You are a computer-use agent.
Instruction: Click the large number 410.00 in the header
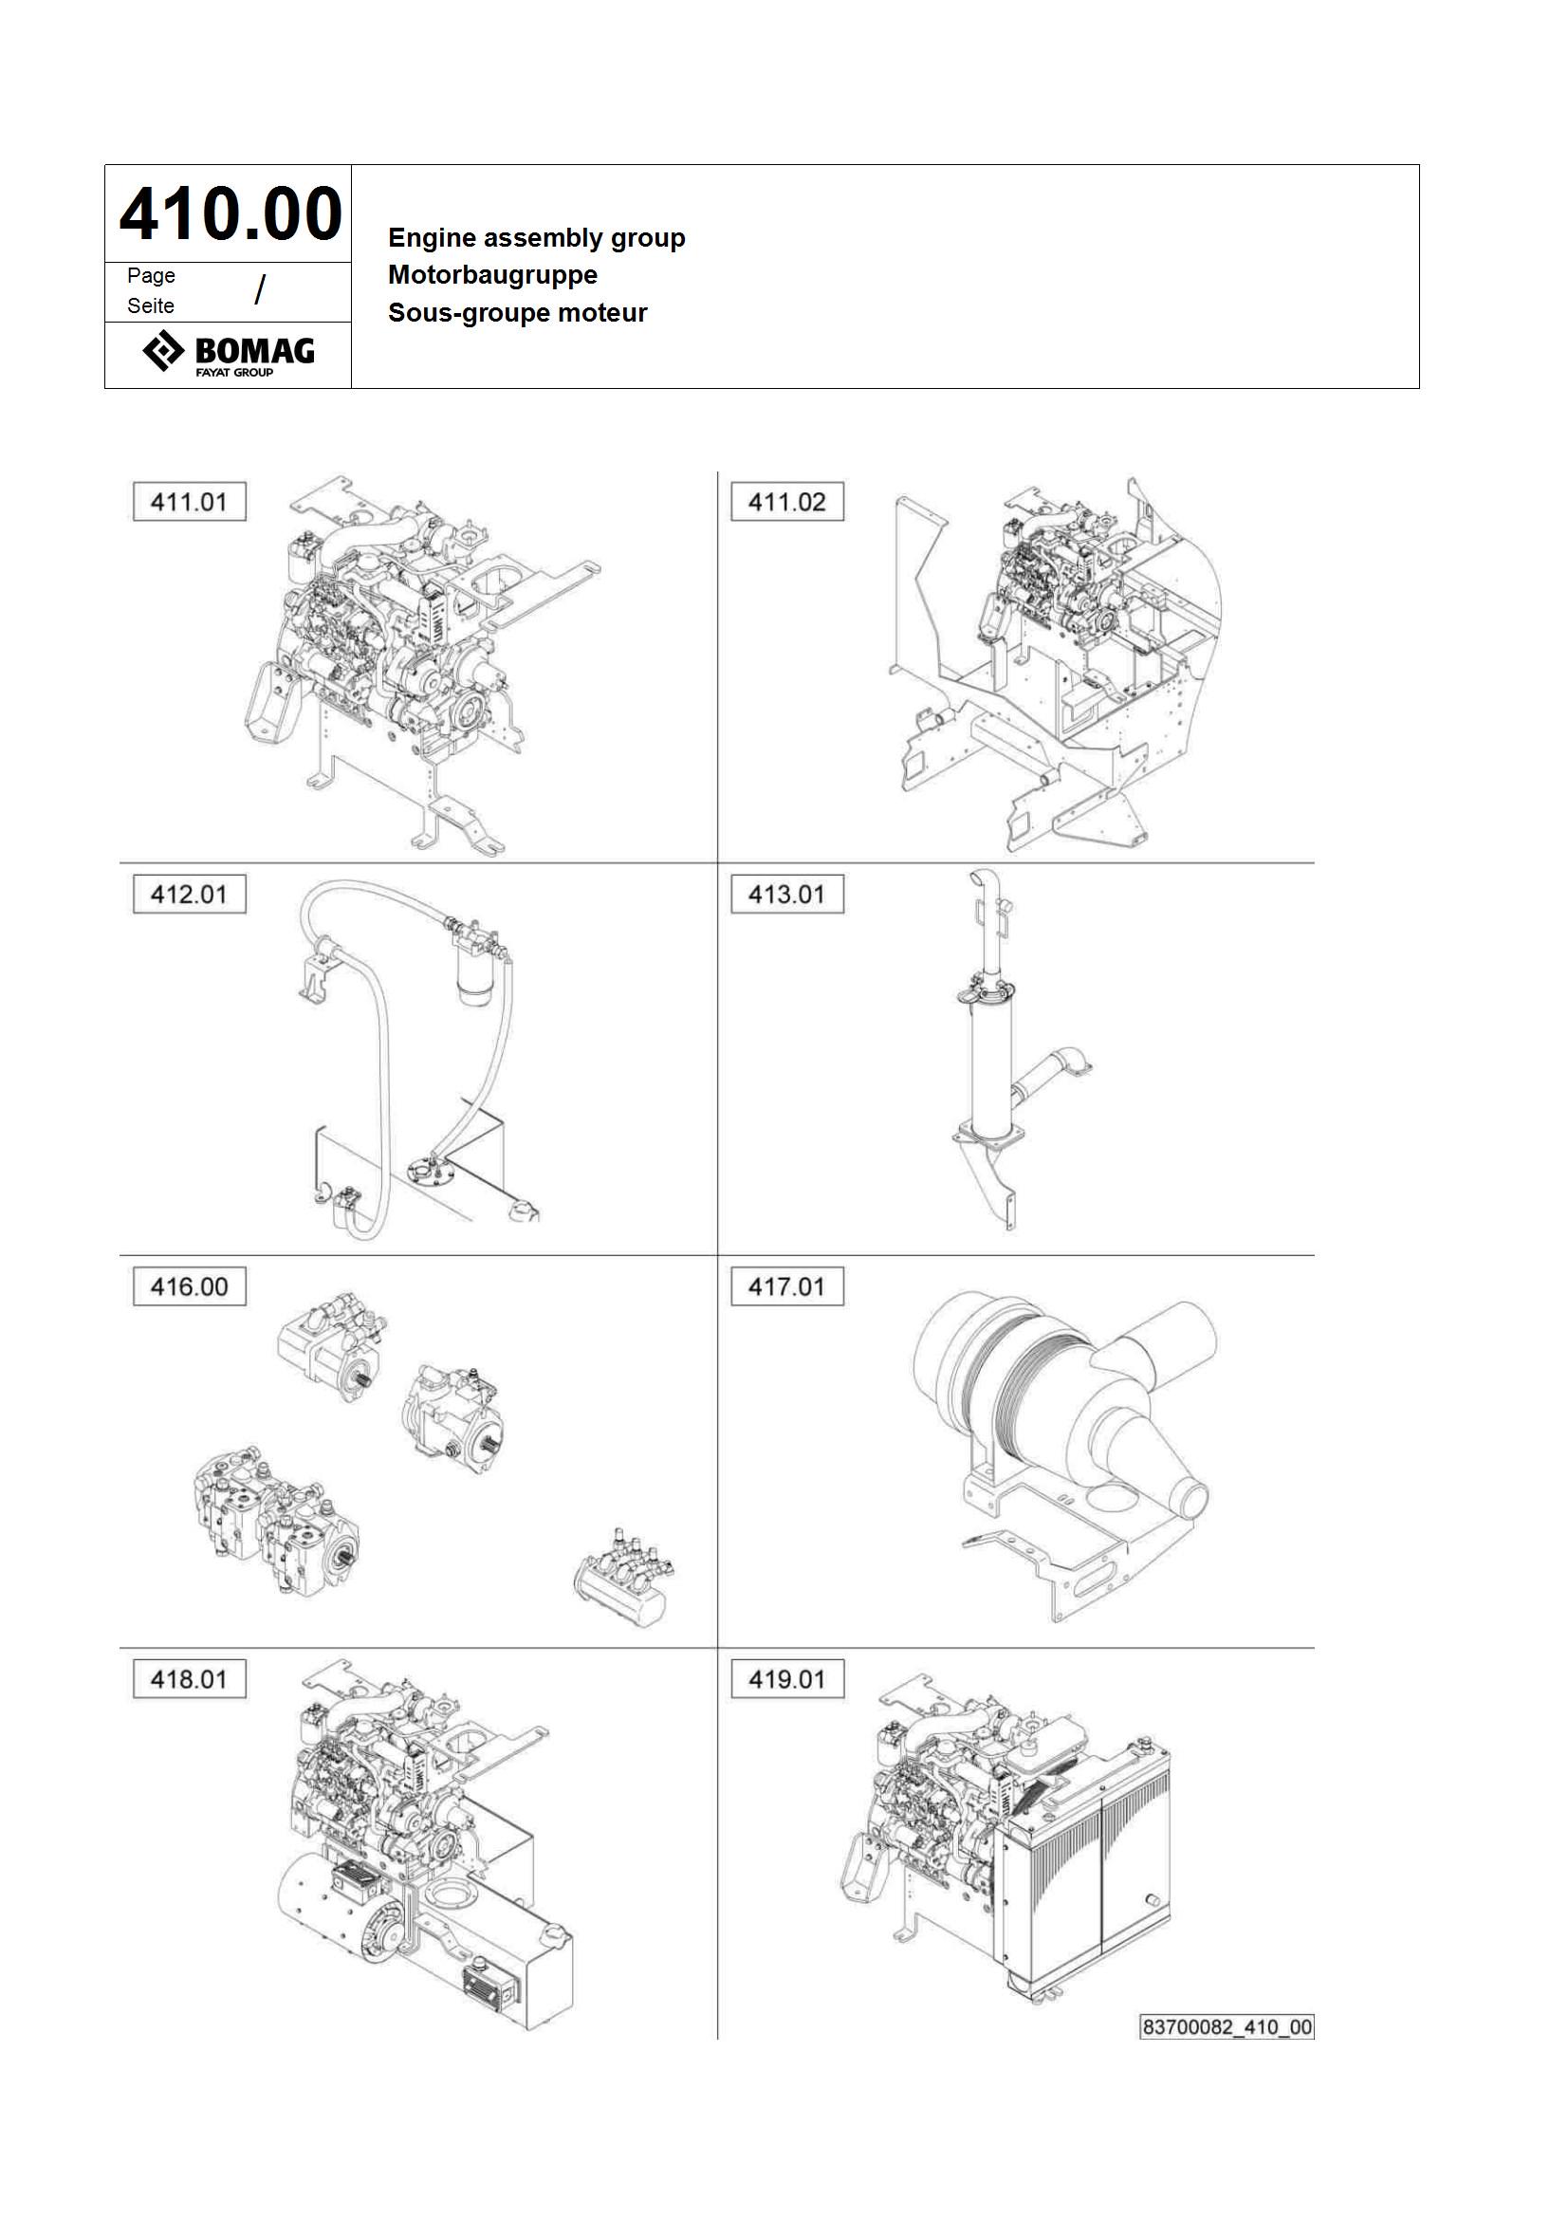[230, 213]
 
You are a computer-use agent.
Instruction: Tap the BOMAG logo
[229, 354]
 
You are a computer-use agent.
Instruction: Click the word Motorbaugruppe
[492, 275]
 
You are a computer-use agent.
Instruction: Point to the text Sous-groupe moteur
[518, 313]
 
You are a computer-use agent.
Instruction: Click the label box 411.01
[190, 503]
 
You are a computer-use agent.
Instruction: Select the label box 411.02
[787, 503]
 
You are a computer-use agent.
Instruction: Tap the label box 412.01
[190, 895]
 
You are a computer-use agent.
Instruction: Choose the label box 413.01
[787, 895]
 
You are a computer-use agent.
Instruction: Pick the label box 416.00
[190, 1286]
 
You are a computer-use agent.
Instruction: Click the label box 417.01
[787, 1286]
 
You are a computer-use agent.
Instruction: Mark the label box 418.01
[190, 1679]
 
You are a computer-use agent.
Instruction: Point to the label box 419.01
[787, 1679]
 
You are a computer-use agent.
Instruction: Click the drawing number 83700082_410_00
[1227, 2026]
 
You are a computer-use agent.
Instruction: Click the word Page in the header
[152, 276]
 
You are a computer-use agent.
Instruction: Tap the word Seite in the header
[151, 306]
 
